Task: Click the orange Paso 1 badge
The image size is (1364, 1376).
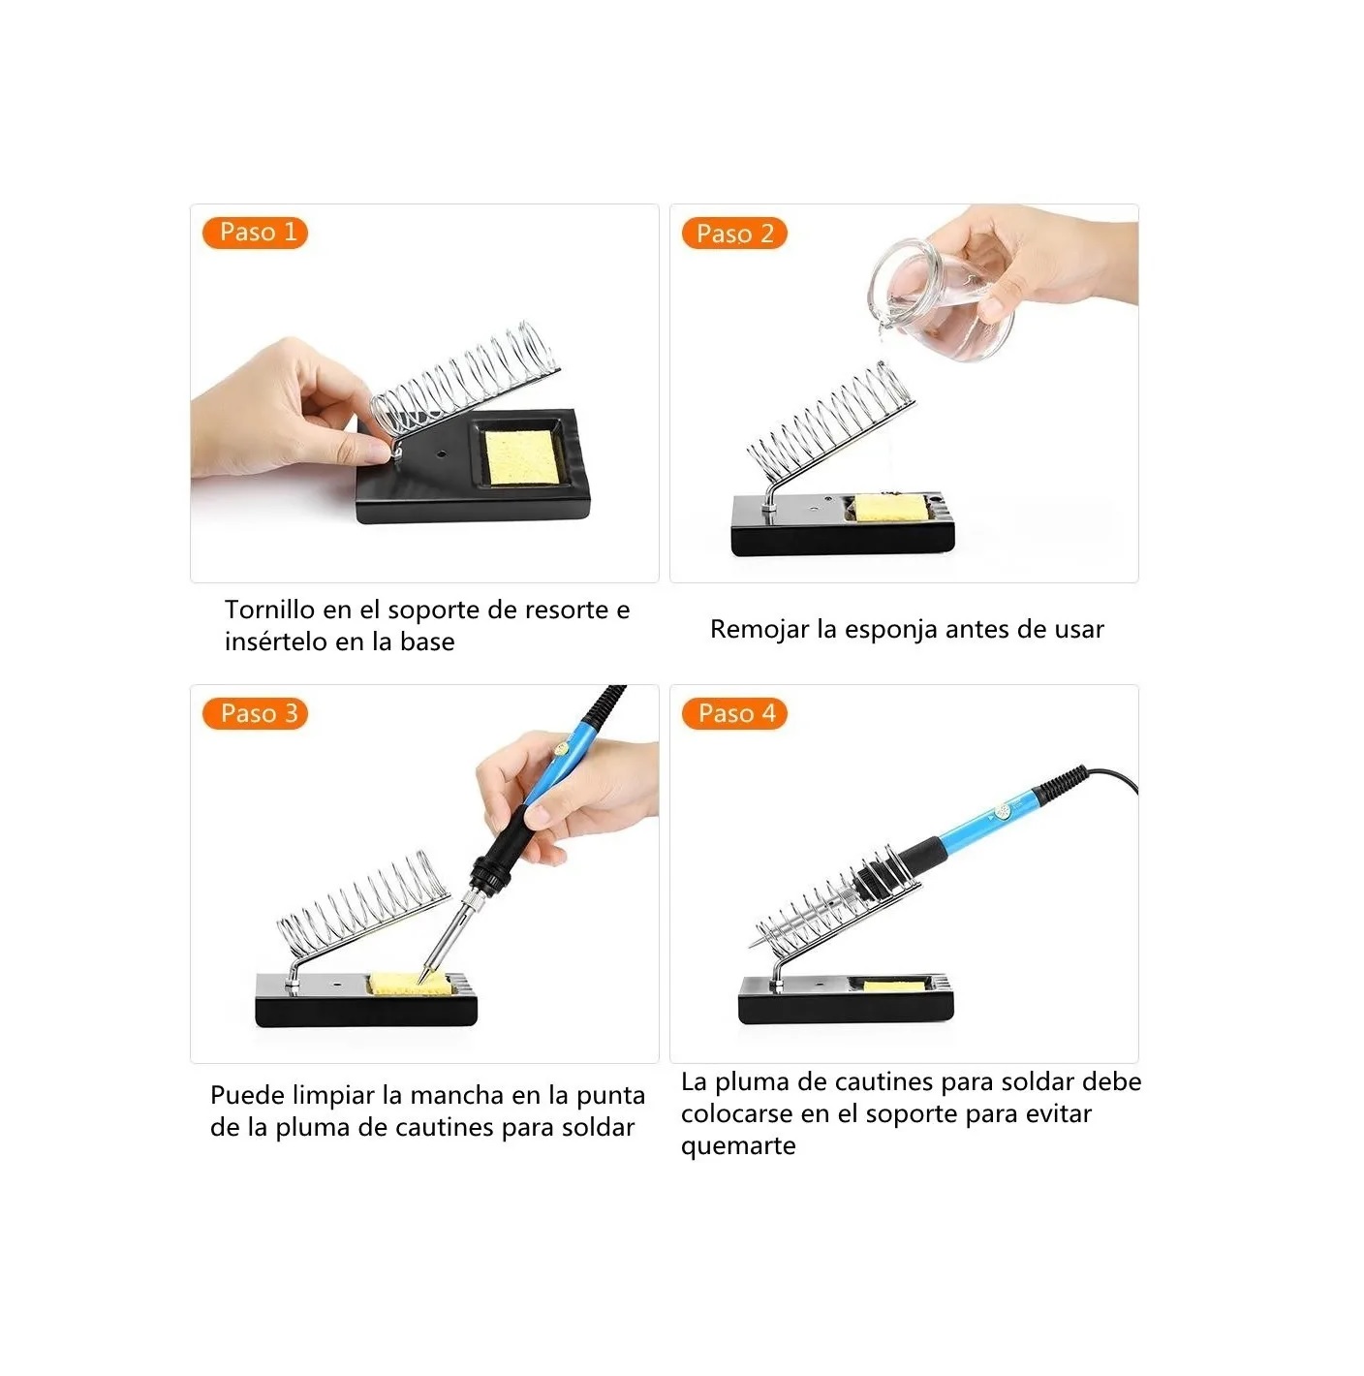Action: (x=255, y=233)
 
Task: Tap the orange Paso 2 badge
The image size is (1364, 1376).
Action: (x=734, y=234)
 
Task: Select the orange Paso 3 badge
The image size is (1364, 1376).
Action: (x=256, y=714)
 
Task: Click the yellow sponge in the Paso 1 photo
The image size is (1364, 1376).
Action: (x=521, y=456)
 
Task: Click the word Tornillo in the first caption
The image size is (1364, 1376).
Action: (x=269, y=610)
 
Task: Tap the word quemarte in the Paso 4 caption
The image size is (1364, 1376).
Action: (x=738, y=1146)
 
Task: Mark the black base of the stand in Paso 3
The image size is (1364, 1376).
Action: (x=365, y=1010)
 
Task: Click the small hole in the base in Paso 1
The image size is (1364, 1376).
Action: (x=440, y=453)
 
